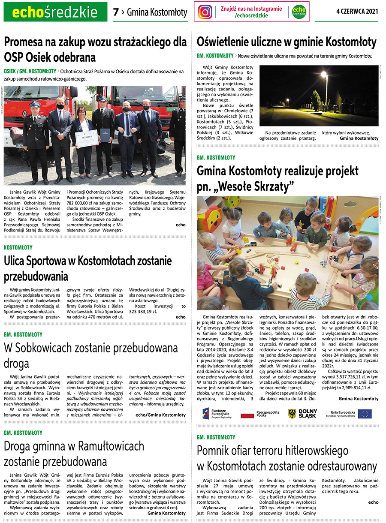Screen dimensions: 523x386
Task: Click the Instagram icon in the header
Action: [x=205, y=12]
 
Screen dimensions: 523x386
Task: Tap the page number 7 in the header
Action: [x=116, y=12]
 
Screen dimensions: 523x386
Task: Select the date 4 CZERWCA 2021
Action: [x=357, y=12]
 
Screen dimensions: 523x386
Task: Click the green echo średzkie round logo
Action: [x=299, y=12]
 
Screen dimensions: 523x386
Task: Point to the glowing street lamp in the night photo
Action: [x=324, y=75]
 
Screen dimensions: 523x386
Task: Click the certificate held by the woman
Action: [x=87, y=138]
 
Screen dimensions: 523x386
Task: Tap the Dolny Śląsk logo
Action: [x=302, y=413]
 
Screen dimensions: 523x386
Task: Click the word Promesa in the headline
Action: [x=24, y=42]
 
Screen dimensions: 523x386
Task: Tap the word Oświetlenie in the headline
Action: [x=229, y=42]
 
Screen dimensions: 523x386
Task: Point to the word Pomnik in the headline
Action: [x=215, y=451]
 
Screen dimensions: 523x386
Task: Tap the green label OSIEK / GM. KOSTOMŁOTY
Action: [x=30, y=71]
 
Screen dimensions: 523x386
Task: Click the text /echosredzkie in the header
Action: [x=251, y=15]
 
